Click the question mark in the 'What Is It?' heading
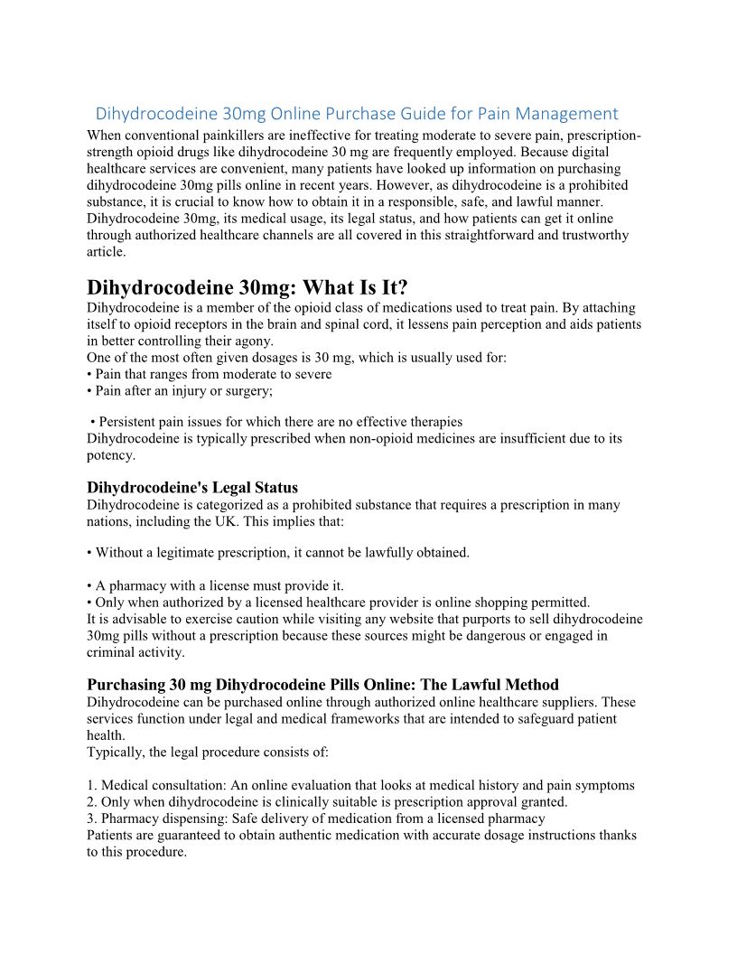coord(402,287)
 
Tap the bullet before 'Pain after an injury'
coord(89,390)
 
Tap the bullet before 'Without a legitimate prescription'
coord(89,552)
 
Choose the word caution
coord(250,619)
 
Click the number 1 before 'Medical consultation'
coord(90,786)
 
